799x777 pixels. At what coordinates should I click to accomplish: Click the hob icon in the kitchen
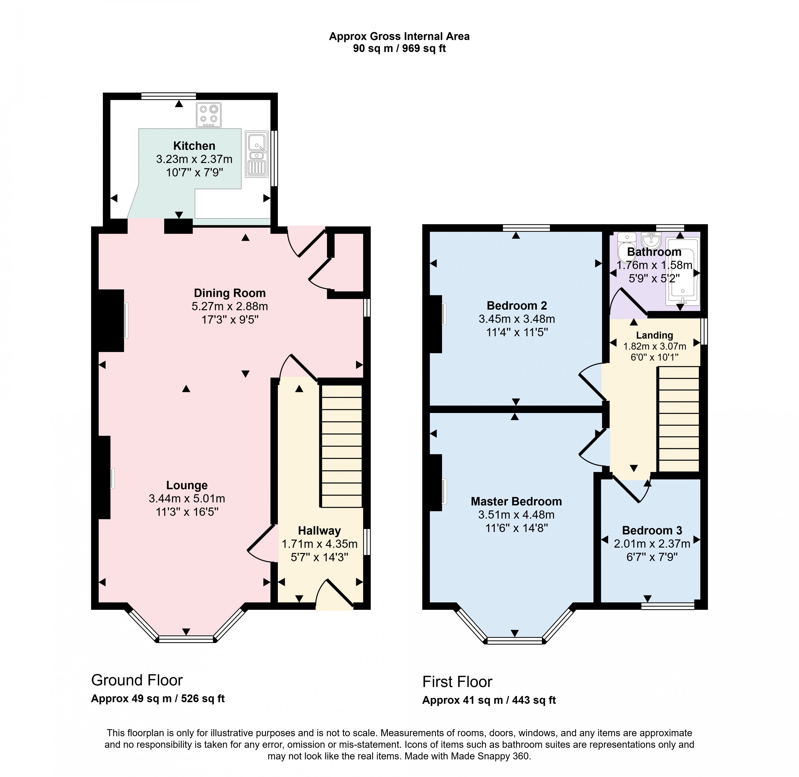(x=209, y=115)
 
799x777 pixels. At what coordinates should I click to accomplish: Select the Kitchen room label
(x=194, y=146)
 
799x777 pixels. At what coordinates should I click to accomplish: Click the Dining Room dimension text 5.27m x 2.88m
(x=229, y=306)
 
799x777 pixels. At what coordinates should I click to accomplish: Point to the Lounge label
(x=187, y=485)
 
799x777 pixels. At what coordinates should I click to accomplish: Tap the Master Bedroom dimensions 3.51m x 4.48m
(x=516, y=515)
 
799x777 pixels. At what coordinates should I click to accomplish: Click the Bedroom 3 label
(x=652, y=530)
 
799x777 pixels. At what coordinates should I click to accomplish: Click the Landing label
(x=654, y=335)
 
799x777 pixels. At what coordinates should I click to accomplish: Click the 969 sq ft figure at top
(x=424, y=48)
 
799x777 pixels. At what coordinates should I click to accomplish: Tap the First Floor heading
(x=457, y=682)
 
